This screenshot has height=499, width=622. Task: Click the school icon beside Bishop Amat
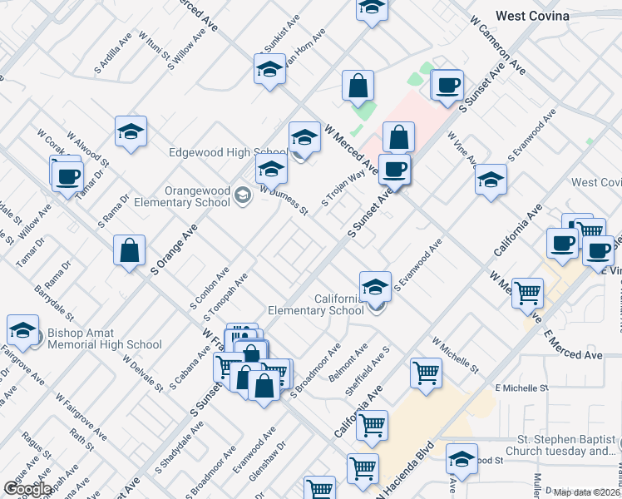23,331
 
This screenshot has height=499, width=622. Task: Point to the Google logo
27,489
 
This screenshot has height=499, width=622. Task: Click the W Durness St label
284,200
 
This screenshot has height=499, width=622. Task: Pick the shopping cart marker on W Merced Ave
527,293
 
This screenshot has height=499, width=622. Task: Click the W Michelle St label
455,355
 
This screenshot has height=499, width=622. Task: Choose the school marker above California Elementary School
376,287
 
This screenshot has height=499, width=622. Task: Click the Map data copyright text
586,492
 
